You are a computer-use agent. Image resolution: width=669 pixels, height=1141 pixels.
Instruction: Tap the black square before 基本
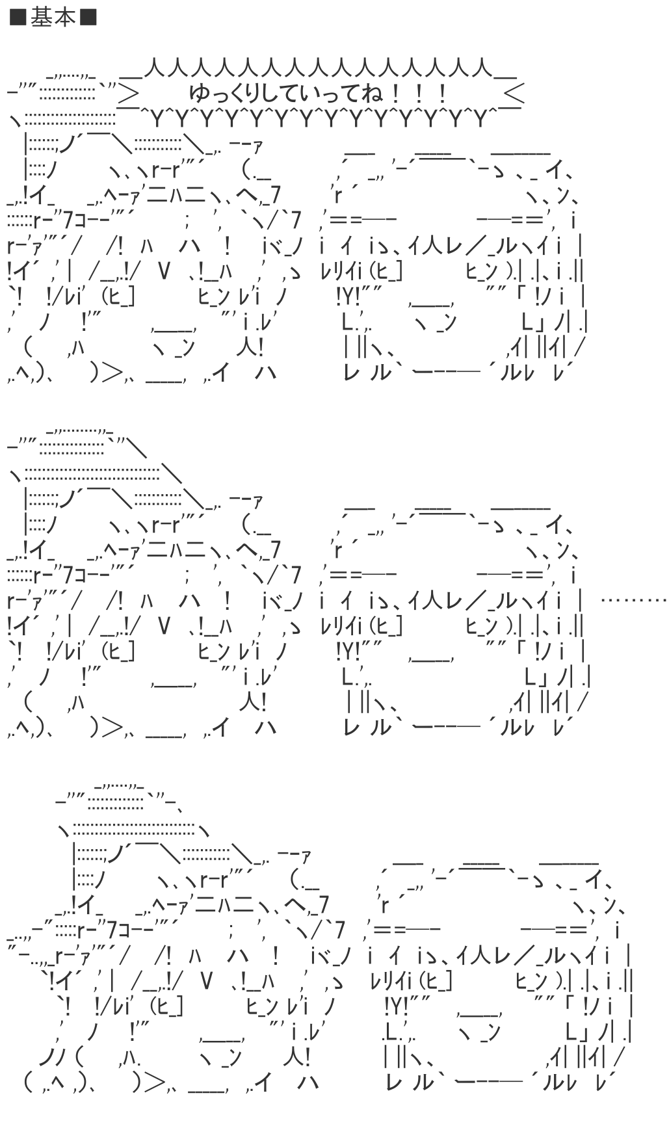click(x=18, y=18)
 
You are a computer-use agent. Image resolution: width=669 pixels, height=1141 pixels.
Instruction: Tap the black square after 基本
click(x=88, y=18)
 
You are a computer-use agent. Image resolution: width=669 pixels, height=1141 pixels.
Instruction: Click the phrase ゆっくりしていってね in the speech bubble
click(x=286, y=95)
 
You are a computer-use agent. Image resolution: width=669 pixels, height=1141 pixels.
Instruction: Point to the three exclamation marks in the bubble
click(x=415, y=95)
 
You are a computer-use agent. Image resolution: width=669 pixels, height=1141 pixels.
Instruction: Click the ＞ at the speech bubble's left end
click(x=128, y=95)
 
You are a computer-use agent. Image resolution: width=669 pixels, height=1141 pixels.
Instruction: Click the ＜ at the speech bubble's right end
click(x=514, y=95)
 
